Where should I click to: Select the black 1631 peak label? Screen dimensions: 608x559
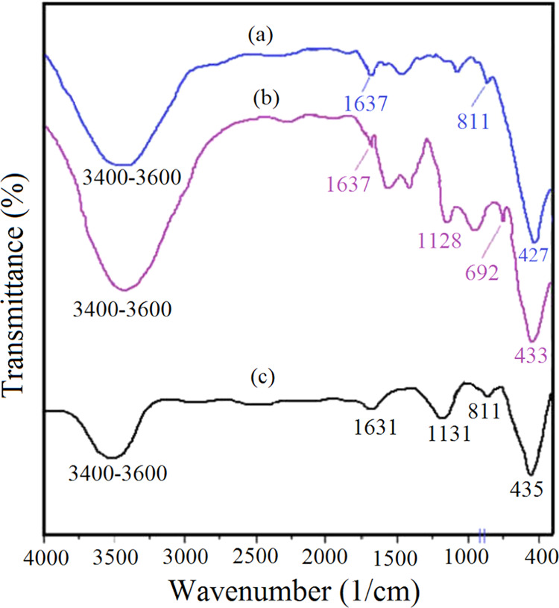[x=373, y=427]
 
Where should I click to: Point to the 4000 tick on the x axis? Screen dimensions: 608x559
[x=45, y=556]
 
